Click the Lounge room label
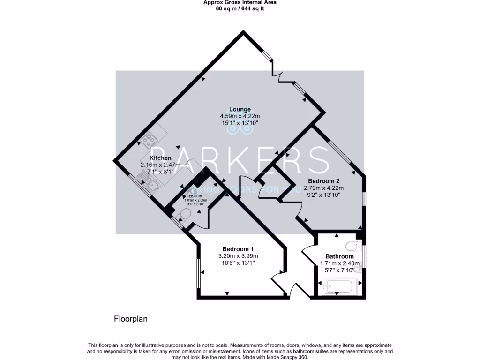tap(240, 109)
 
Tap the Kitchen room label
tap(160, 158)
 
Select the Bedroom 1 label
tap(238, 249)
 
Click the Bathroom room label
tap(339, 256)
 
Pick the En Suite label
tap(191, 196)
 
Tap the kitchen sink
tap(151, 185)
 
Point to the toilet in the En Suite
tap(184, 215)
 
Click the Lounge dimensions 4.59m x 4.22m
tap(240, 116)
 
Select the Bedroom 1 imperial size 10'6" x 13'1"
tap(238, 263)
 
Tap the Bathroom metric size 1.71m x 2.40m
tap(339, 263)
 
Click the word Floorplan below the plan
tap(131, 319)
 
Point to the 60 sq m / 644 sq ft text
tap(240, 8)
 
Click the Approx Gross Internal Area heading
tap(240, 2)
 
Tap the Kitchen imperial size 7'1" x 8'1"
tap(160, 172)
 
